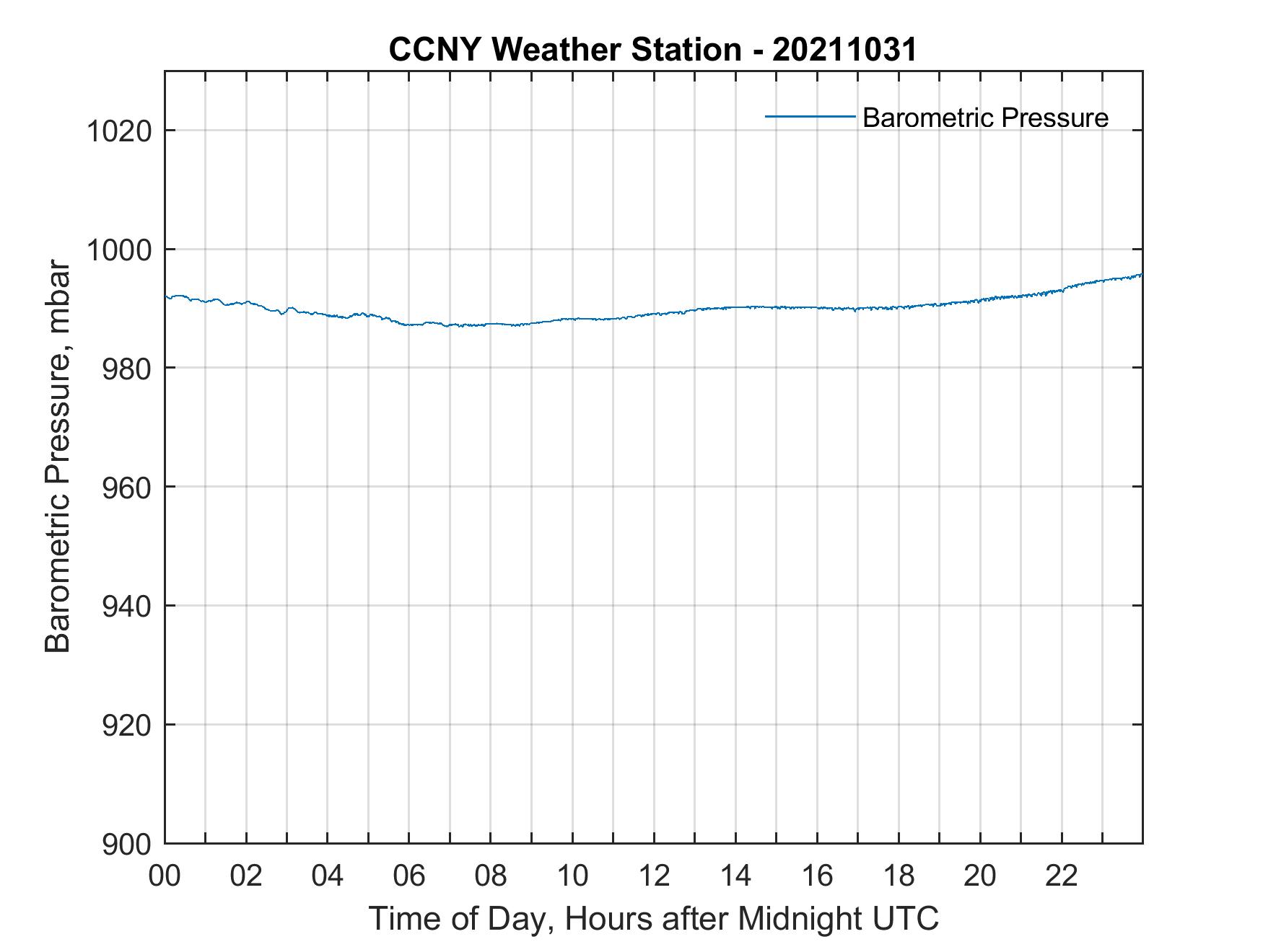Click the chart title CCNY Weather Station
point(564,50)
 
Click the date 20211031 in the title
point(844,50)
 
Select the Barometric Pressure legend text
point(985,118)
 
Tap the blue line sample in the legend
point(810,116)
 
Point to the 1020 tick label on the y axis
point(118,131)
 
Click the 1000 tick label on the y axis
point(118,250)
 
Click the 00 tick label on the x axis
point(165,876)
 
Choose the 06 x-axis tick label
point(409,876)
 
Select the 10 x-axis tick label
point(572,876)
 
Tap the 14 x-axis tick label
point(735,876)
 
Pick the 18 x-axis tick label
point(899,876)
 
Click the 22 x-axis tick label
point(1062,876)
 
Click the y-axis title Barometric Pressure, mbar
point(58,457)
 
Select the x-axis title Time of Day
point(653,919)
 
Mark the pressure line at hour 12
point(654,314)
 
